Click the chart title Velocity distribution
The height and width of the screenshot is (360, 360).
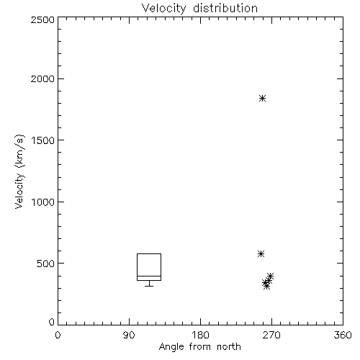pyautogui.click(x=199, y=8)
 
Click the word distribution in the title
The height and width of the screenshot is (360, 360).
pyautogui.click(x=225, y=8)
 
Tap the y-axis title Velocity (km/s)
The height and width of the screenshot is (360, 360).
pyautogui.click(x=19, y=171)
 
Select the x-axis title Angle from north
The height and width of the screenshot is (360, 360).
pyautogui.click(x=200, y=346)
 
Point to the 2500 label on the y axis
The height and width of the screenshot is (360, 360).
pyautogui.click(x=42, y=19)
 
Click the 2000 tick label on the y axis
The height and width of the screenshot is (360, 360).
pyautogui.click(x=42, y=78)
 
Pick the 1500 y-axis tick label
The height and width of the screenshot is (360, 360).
pyautogui.click(x=43, y=140)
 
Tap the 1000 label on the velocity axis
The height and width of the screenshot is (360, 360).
pyautogui.click(x=43, y=202)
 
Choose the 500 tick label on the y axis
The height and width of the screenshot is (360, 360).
pyautogui.click(x=46, y=264)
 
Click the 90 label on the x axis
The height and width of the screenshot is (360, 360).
pyautogui.click(x=129, y=335)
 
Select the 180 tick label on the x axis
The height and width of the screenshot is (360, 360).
pyautogui.click(x=200, y=335)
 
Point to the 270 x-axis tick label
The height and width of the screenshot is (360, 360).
pyautogui.click(x=271, y=335)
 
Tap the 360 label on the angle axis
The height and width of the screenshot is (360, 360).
pyautogui.click(x=343, y=335)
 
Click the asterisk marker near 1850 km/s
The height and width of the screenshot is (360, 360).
pyautogui.click(x=263, y=98)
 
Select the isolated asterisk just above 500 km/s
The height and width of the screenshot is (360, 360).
pyautogui.click(x=261, y=253)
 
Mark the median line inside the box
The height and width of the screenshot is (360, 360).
pyautogui.click(x=149, y=276)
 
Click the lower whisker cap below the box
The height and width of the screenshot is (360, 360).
pyautogui.click(x=149, y=286)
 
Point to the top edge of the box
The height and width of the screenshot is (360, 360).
pyautogui.click(x=149, y=253)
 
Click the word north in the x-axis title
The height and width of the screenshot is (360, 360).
pyautogui.click(x=229, y=346)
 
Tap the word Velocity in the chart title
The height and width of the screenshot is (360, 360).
pyautogui.click(x=164, y=9)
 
